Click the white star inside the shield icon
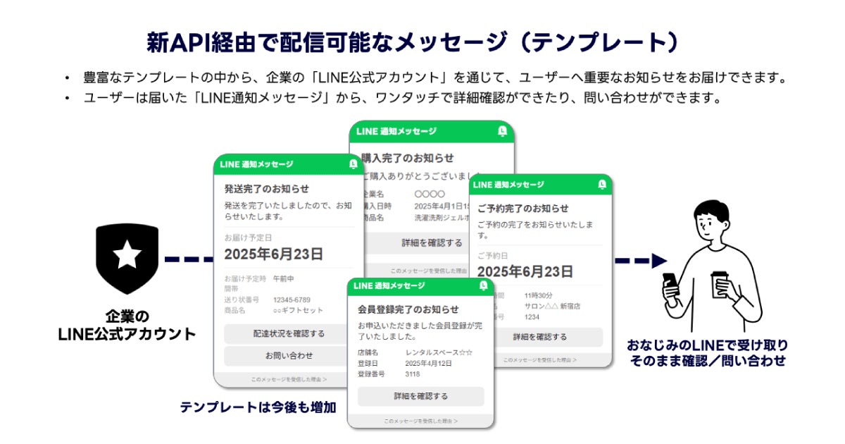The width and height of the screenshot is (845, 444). [x=127, y=254]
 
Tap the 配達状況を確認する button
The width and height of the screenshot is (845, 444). [x=289, y=333]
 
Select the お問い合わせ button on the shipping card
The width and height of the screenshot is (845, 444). [x=289, y=355]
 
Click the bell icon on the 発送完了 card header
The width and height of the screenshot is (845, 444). [x=353, y=164]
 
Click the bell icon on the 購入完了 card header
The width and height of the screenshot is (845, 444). [x=502, y=131]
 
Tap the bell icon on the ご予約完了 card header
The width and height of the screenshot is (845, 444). [x=601, y=185]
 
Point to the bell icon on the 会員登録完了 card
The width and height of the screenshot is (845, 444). [x=483, y=285]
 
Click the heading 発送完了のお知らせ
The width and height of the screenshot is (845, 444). [x=267, y=189]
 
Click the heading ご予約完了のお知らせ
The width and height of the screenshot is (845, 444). [x=522, y=209]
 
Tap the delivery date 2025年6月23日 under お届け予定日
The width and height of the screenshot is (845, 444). [x=274, y=254]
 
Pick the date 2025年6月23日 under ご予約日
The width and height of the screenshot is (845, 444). [x=525, y=272]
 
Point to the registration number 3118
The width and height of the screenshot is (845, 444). [x=413, y=374]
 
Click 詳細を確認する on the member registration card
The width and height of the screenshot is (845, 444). [x=420, y=396]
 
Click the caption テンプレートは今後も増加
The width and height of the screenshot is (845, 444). [x=258, y=407]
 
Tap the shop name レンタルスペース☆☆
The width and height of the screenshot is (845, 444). [x=439, y=352]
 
